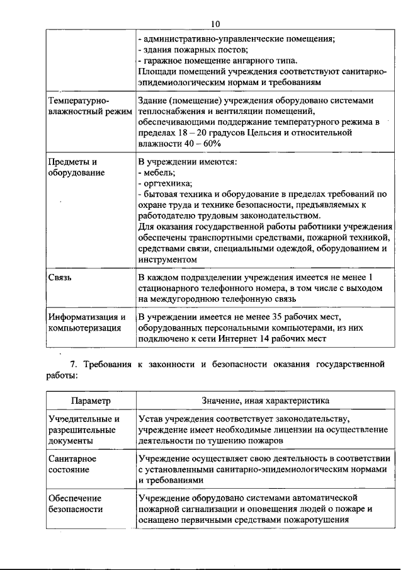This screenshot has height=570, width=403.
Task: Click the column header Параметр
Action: click(91, 401)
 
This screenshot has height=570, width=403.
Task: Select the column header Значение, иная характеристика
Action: click(265, 401)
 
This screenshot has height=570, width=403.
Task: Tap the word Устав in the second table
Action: click(151, 418)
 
